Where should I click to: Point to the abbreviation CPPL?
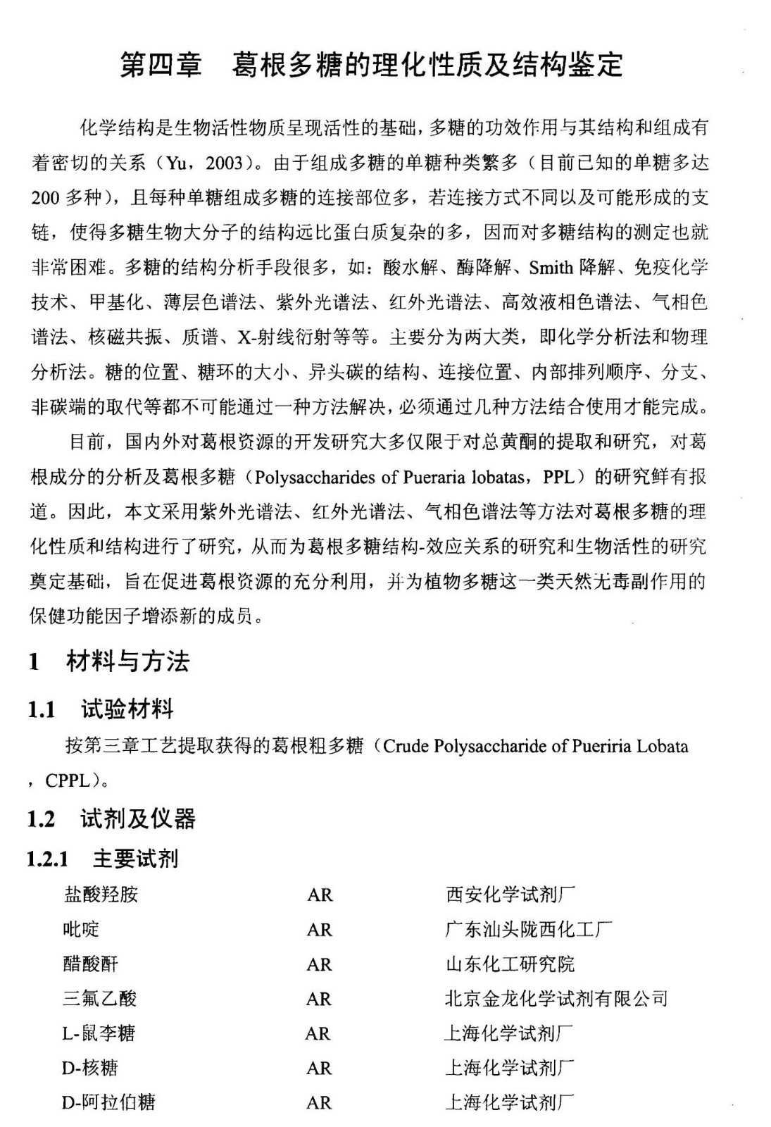pos(67,780)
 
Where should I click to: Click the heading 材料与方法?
pos(127,661)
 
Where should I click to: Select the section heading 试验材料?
pos(127,709)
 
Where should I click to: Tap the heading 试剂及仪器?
pos(137,818)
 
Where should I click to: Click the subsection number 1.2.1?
pos(48,859)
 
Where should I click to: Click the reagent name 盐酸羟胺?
pos(101,895)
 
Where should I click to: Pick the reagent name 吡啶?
pos(81,930)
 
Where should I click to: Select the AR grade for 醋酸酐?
pos(319,964)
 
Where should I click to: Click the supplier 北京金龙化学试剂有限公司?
pos(556,999)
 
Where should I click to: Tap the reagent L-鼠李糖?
pos(98,1033)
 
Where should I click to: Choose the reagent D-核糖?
pos(89,1068)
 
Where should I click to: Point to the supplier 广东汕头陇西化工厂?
pos(528,930)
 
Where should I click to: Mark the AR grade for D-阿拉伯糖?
pos(319,1103)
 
